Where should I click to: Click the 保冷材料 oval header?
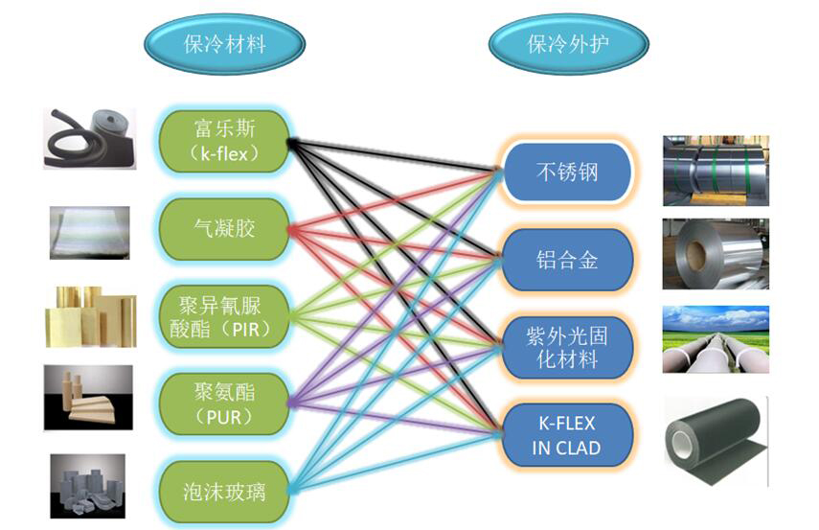click(x=224, y=43)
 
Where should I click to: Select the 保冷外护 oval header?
click(x=568, y=43)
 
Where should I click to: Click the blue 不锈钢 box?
click(x=567, y=173)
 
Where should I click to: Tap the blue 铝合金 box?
click(x=567, y=260)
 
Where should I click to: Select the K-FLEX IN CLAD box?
click(x=567, y=435)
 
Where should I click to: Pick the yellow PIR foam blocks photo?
click(x=90, y=315)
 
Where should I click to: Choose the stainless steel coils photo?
click(x=716, y=171)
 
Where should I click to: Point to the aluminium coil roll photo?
click(x=716, y=255)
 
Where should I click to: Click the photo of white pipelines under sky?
click(x=716, y=339)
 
